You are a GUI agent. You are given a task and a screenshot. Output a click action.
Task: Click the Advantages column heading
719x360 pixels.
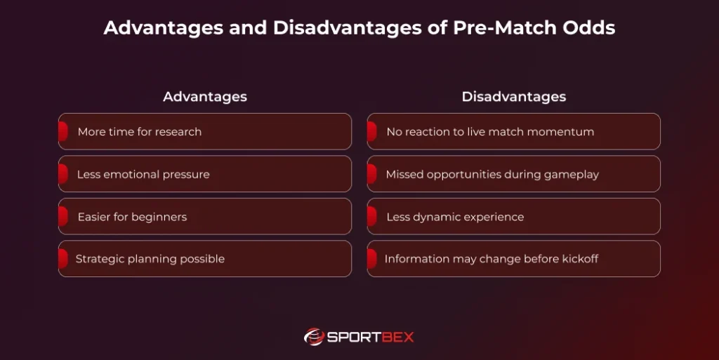click(x=205, y=97)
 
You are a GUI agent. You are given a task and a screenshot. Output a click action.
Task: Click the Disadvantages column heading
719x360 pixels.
click(x=513, y=97)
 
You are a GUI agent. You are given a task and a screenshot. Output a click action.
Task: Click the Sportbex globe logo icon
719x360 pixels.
click(x=313, y=337)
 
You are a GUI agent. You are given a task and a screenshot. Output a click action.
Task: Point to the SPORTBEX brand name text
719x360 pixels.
click(x=371, y=337)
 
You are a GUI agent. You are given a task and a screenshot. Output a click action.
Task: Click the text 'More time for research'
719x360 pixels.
click(x=139, y=132)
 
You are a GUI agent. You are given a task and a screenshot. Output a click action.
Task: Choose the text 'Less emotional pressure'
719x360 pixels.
click(x=143, y=174)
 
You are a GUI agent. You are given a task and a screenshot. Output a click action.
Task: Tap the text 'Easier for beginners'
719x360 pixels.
click(x=132, y=217)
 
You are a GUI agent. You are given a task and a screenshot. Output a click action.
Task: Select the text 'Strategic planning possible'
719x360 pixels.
click(x=150, y=259)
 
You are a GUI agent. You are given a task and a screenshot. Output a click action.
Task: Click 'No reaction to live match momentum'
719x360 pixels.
click(x=490, y=132)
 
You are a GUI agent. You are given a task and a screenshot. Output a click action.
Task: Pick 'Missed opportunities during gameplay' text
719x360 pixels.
click(x=492, y=174)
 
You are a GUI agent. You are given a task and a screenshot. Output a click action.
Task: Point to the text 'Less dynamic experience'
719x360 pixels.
click(x=455, y=217)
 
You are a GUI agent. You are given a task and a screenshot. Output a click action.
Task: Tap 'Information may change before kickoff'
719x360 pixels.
click(x=491, y=259)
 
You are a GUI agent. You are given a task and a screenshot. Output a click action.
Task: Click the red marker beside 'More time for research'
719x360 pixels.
click(x=63, y=132)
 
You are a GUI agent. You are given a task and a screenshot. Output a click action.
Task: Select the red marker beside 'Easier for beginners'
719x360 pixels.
click(x=63, y=217)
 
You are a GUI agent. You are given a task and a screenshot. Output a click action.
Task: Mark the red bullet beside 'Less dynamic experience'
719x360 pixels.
click(x=372, y=217)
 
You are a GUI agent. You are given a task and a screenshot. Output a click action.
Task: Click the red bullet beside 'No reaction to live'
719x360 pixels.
click(x=372, y=132)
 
